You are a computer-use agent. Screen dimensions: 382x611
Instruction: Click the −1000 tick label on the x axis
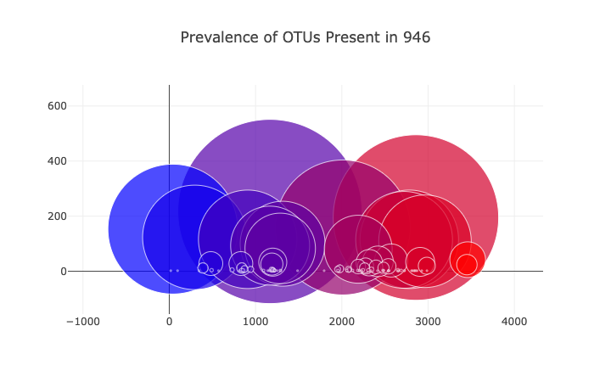82,322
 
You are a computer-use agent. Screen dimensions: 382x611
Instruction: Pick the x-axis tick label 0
169,322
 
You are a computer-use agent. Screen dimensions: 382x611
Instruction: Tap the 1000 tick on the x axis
255,322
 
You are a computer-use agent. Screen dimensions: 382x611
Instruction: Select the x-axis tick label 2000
342,322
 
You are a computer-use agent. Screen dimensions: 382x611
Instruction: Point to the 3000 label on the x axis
429,322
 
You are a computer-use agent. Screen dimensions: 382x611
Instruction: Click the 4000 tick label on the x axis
515,322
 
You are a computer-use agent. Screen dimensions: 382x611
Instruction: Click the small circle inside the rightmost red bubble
467,265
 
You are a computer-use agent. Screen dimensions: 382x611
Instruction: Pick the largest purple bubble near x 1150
269,144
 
